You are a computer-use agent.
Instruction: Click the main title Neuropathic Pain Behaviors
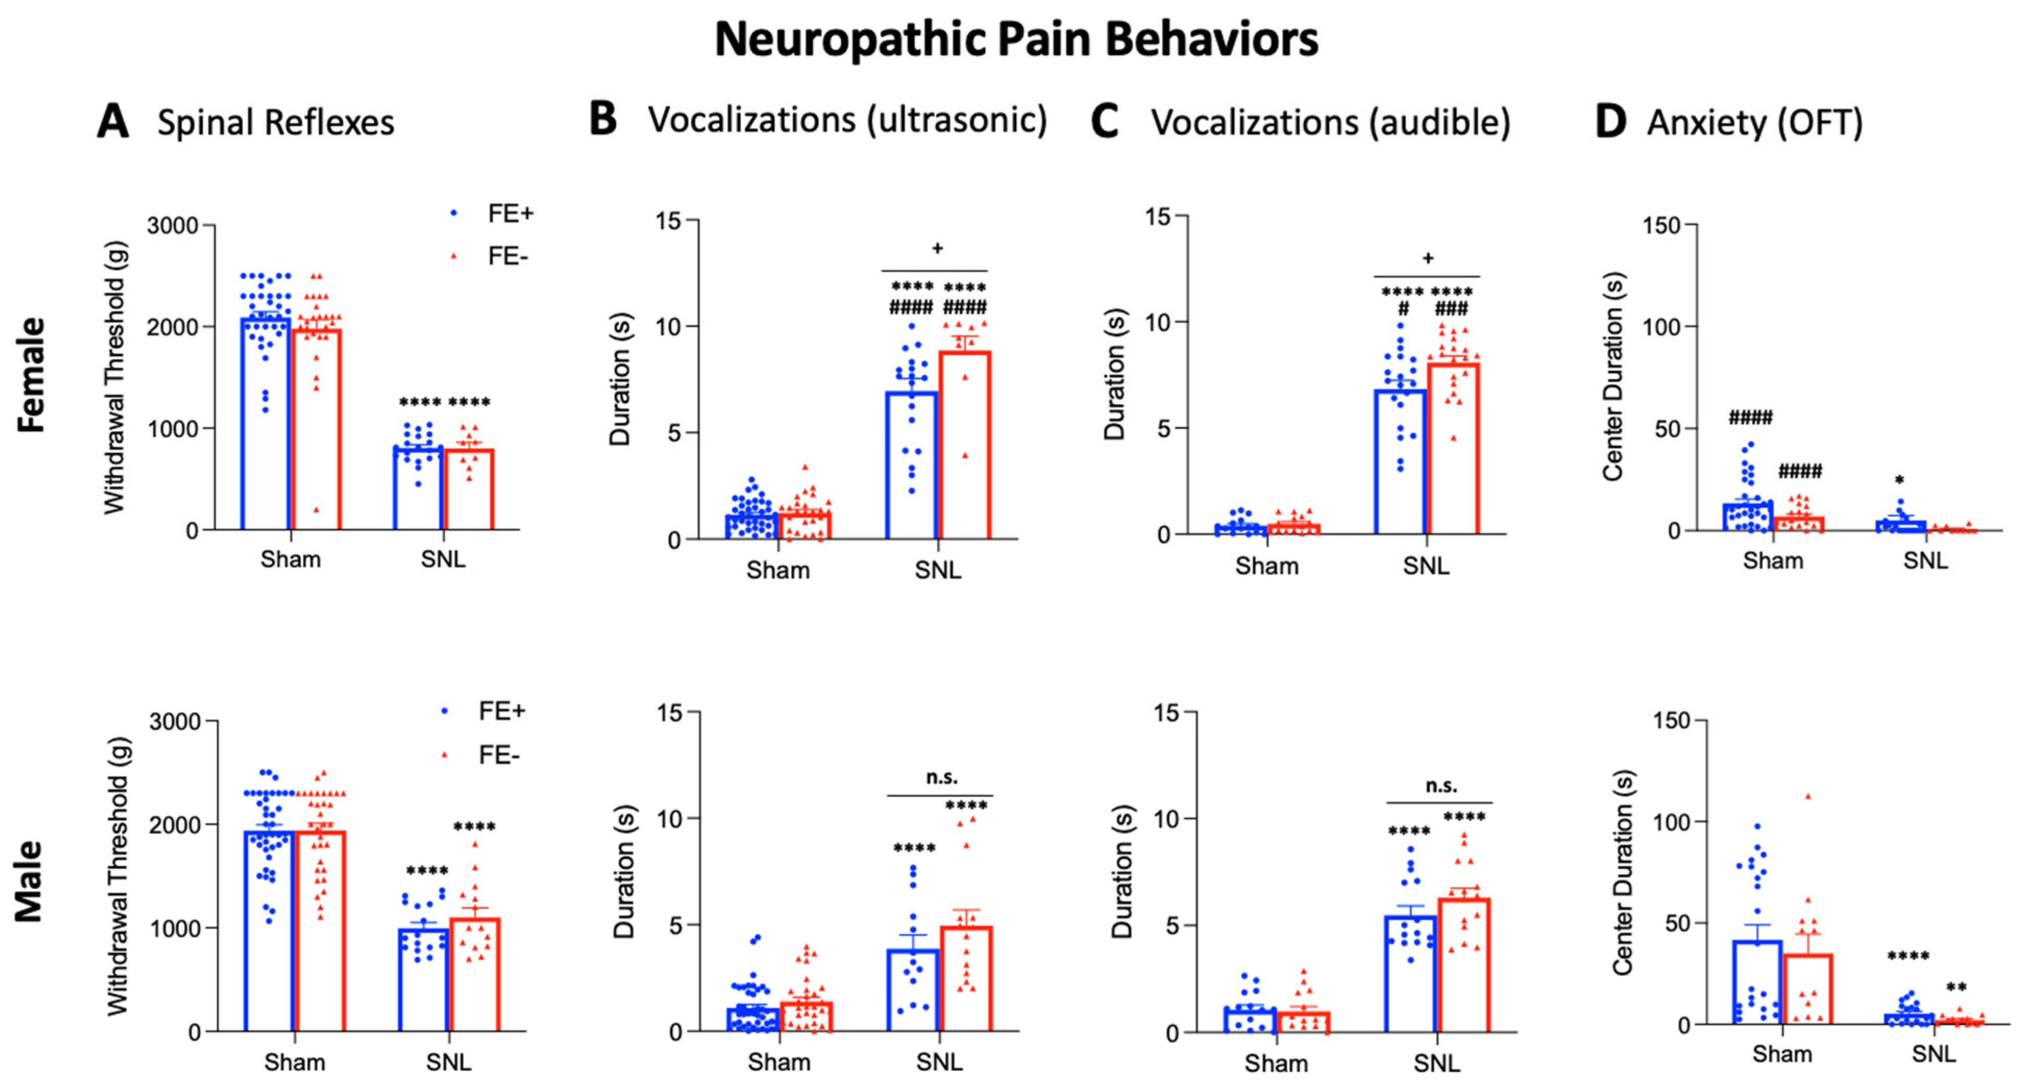(1016, 39)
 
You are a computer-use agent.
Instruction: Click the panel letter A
(113, 122)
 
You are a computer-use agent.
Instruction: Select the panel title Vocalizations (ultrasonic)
(847, 120)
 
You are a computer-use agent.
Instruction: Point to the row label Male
(30, 881)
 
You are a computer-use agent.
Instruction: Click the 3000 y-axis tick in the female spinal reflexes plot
(172, 226)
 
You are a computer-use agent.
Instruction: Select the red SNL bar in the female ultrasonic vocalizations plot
(965, 445)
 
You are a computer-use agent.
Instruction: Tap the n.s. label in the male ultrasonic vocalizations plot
(941, 777)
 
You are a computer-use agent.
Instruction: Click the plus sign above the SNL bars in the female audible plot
(1427, 258)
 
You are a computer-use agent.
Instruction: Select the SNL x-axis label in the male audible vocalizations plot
(1436, 1063)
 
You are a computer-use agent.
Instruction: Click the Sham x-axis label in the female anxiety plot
(1773, 561)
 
